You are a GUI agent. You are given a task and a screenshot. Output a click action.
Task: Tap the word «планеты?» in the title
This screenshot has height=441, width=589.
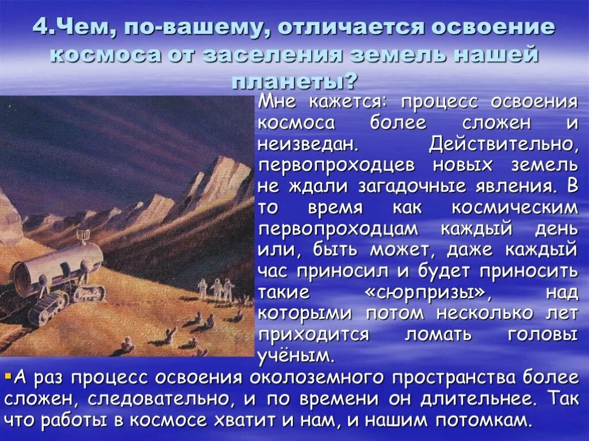(x=294, y=81)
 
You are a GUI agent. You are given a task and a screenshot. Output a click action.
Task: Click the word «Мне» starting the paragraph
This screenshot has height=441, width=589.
(x=278, y=102)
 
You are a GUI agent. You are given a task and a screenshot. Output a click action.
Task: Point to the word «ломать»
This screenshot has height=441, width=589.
(x=437, y=334)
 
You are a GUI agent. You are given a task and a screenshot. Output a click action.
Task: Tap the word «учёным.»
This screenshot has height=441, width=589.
(x=296, y=355)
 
